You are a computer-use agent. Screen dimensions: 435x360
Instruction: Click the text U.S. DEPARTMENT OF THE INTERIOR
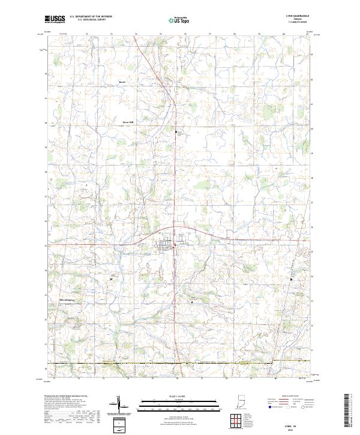[91, 17]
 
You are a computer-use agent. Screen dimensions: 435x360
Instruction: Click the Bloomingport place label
[67, 299]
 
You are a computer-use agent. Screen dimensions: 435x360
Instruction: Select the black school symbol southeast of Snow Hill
[176, 131]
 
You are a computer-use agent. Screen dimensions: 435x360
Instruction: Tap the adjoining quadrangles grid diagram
[236, 421]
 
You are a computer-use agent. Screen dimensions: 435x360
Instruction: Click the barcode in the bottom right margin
[349, 412]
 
